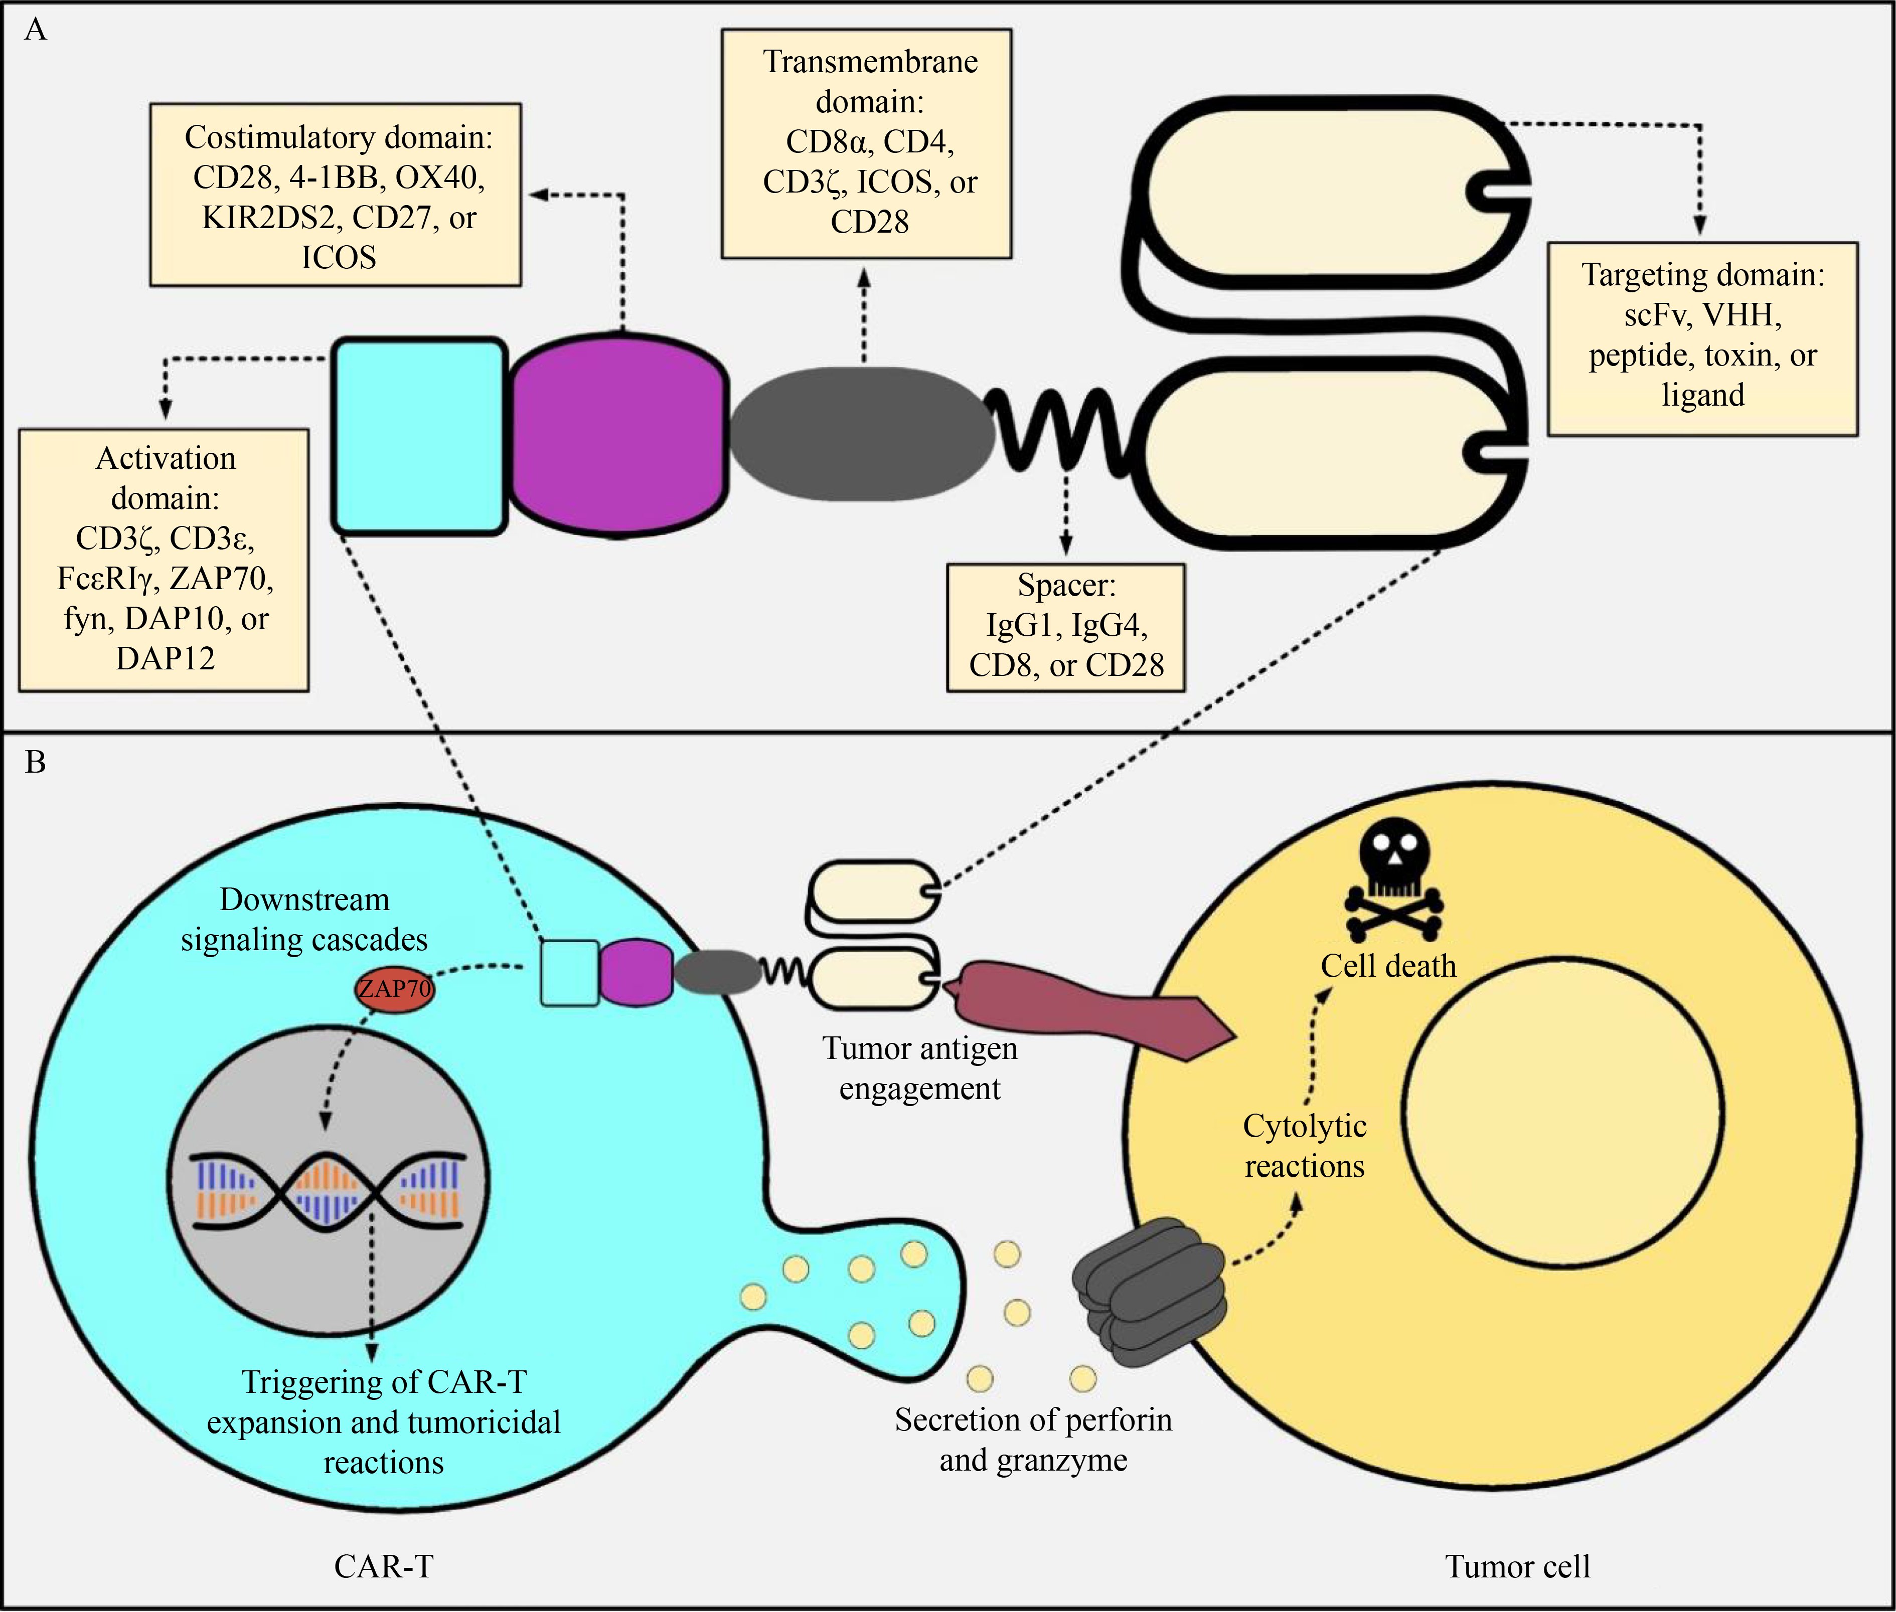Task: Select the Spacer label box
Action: (x=1066, y=627)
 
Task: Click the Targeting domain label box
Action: (x=1702, y=338)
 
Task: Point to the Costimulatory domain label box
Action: (x=336, y=195)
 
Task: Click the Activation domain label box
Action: (x=165, y=559)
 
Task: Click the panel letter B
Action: (x=36, y=762)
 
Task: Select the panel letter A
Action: (x=36, y=30)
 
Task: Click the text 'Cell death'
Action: (x=1388, y=966)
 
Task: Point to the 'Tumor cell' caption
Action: (x=1517, y=1566)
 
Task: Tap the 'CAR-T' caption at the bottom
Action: (x=383, y=1566)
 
